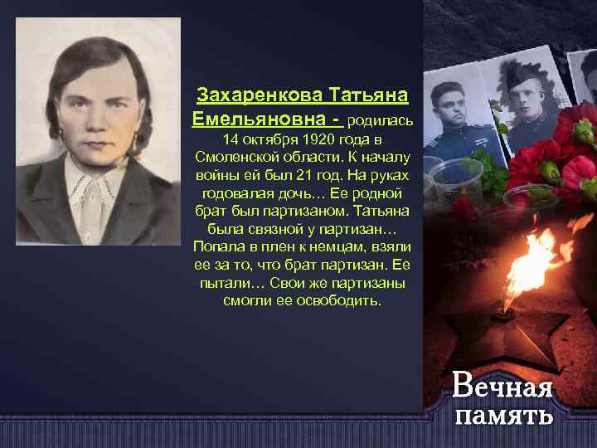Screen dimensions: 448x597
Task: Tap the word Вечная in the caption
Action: (x=502, y=386)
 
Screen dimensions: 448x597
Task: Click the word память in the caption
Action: (x=504, y=414)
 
